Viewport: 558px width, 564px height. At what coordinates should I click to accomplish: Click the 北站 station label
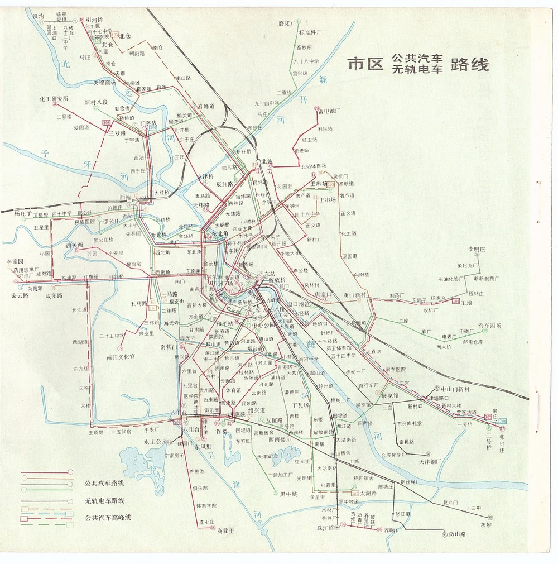point(267,162)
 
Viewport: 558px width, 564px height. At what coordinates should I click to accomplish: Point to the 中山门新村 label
point(456,389)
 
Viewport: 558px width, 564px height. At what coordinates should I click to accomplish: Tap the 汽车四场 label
point(489,326)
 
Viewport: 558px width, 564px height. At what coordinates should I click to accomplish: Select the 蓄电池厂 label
point(329,111)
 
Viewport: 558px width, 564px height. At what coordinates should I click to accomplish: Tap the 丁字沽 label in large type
point(148,122)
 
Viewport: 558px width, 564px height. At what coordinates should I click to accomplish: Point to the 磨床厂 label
point(286,23)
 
